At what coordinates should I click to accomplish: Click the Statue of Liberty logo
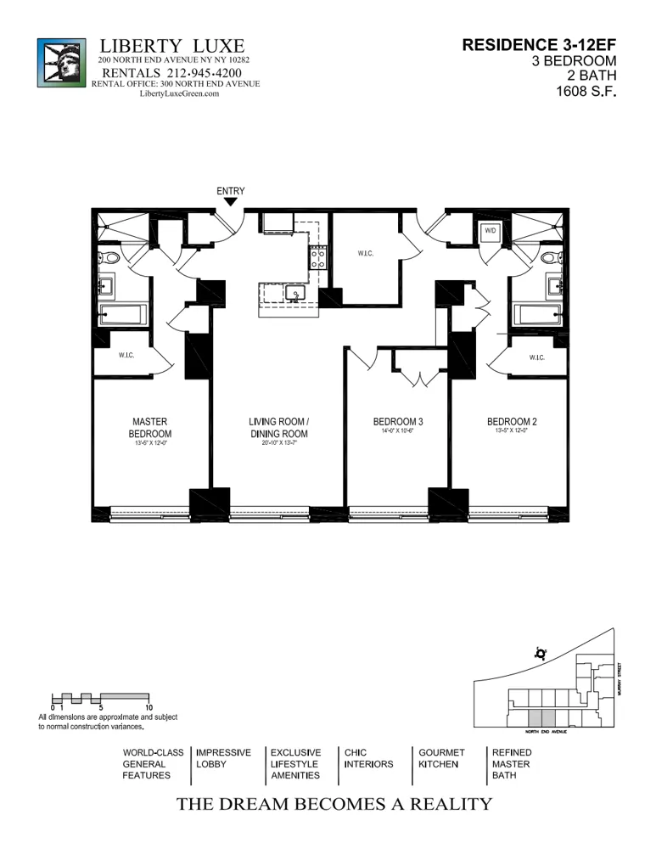[61, 63]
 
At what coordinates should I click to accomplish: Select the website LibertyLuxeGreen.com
[179, 94]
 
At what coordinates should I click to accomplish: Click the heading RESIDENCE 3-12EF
[539, 44]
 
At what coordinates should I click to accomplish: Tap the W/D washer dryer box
[491, 231]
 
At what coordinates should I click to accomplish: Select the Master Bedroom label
[149, 427]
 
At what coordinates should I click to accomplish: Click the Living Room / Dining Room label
[278, 427]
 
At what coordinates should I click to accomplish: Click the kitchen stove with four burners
[318, 257]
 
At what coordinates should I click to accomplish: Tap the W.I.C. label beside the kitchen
[366, 254]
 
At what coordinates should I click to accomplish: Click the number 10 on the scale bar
[149, 707]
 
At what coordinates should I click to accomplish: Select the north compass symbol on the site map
[539, 654]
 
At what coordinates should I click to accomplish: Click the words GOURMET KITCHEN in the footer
[441, 758]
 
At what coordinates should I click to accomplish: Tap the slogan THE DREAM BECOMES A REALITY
[334, 805]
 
